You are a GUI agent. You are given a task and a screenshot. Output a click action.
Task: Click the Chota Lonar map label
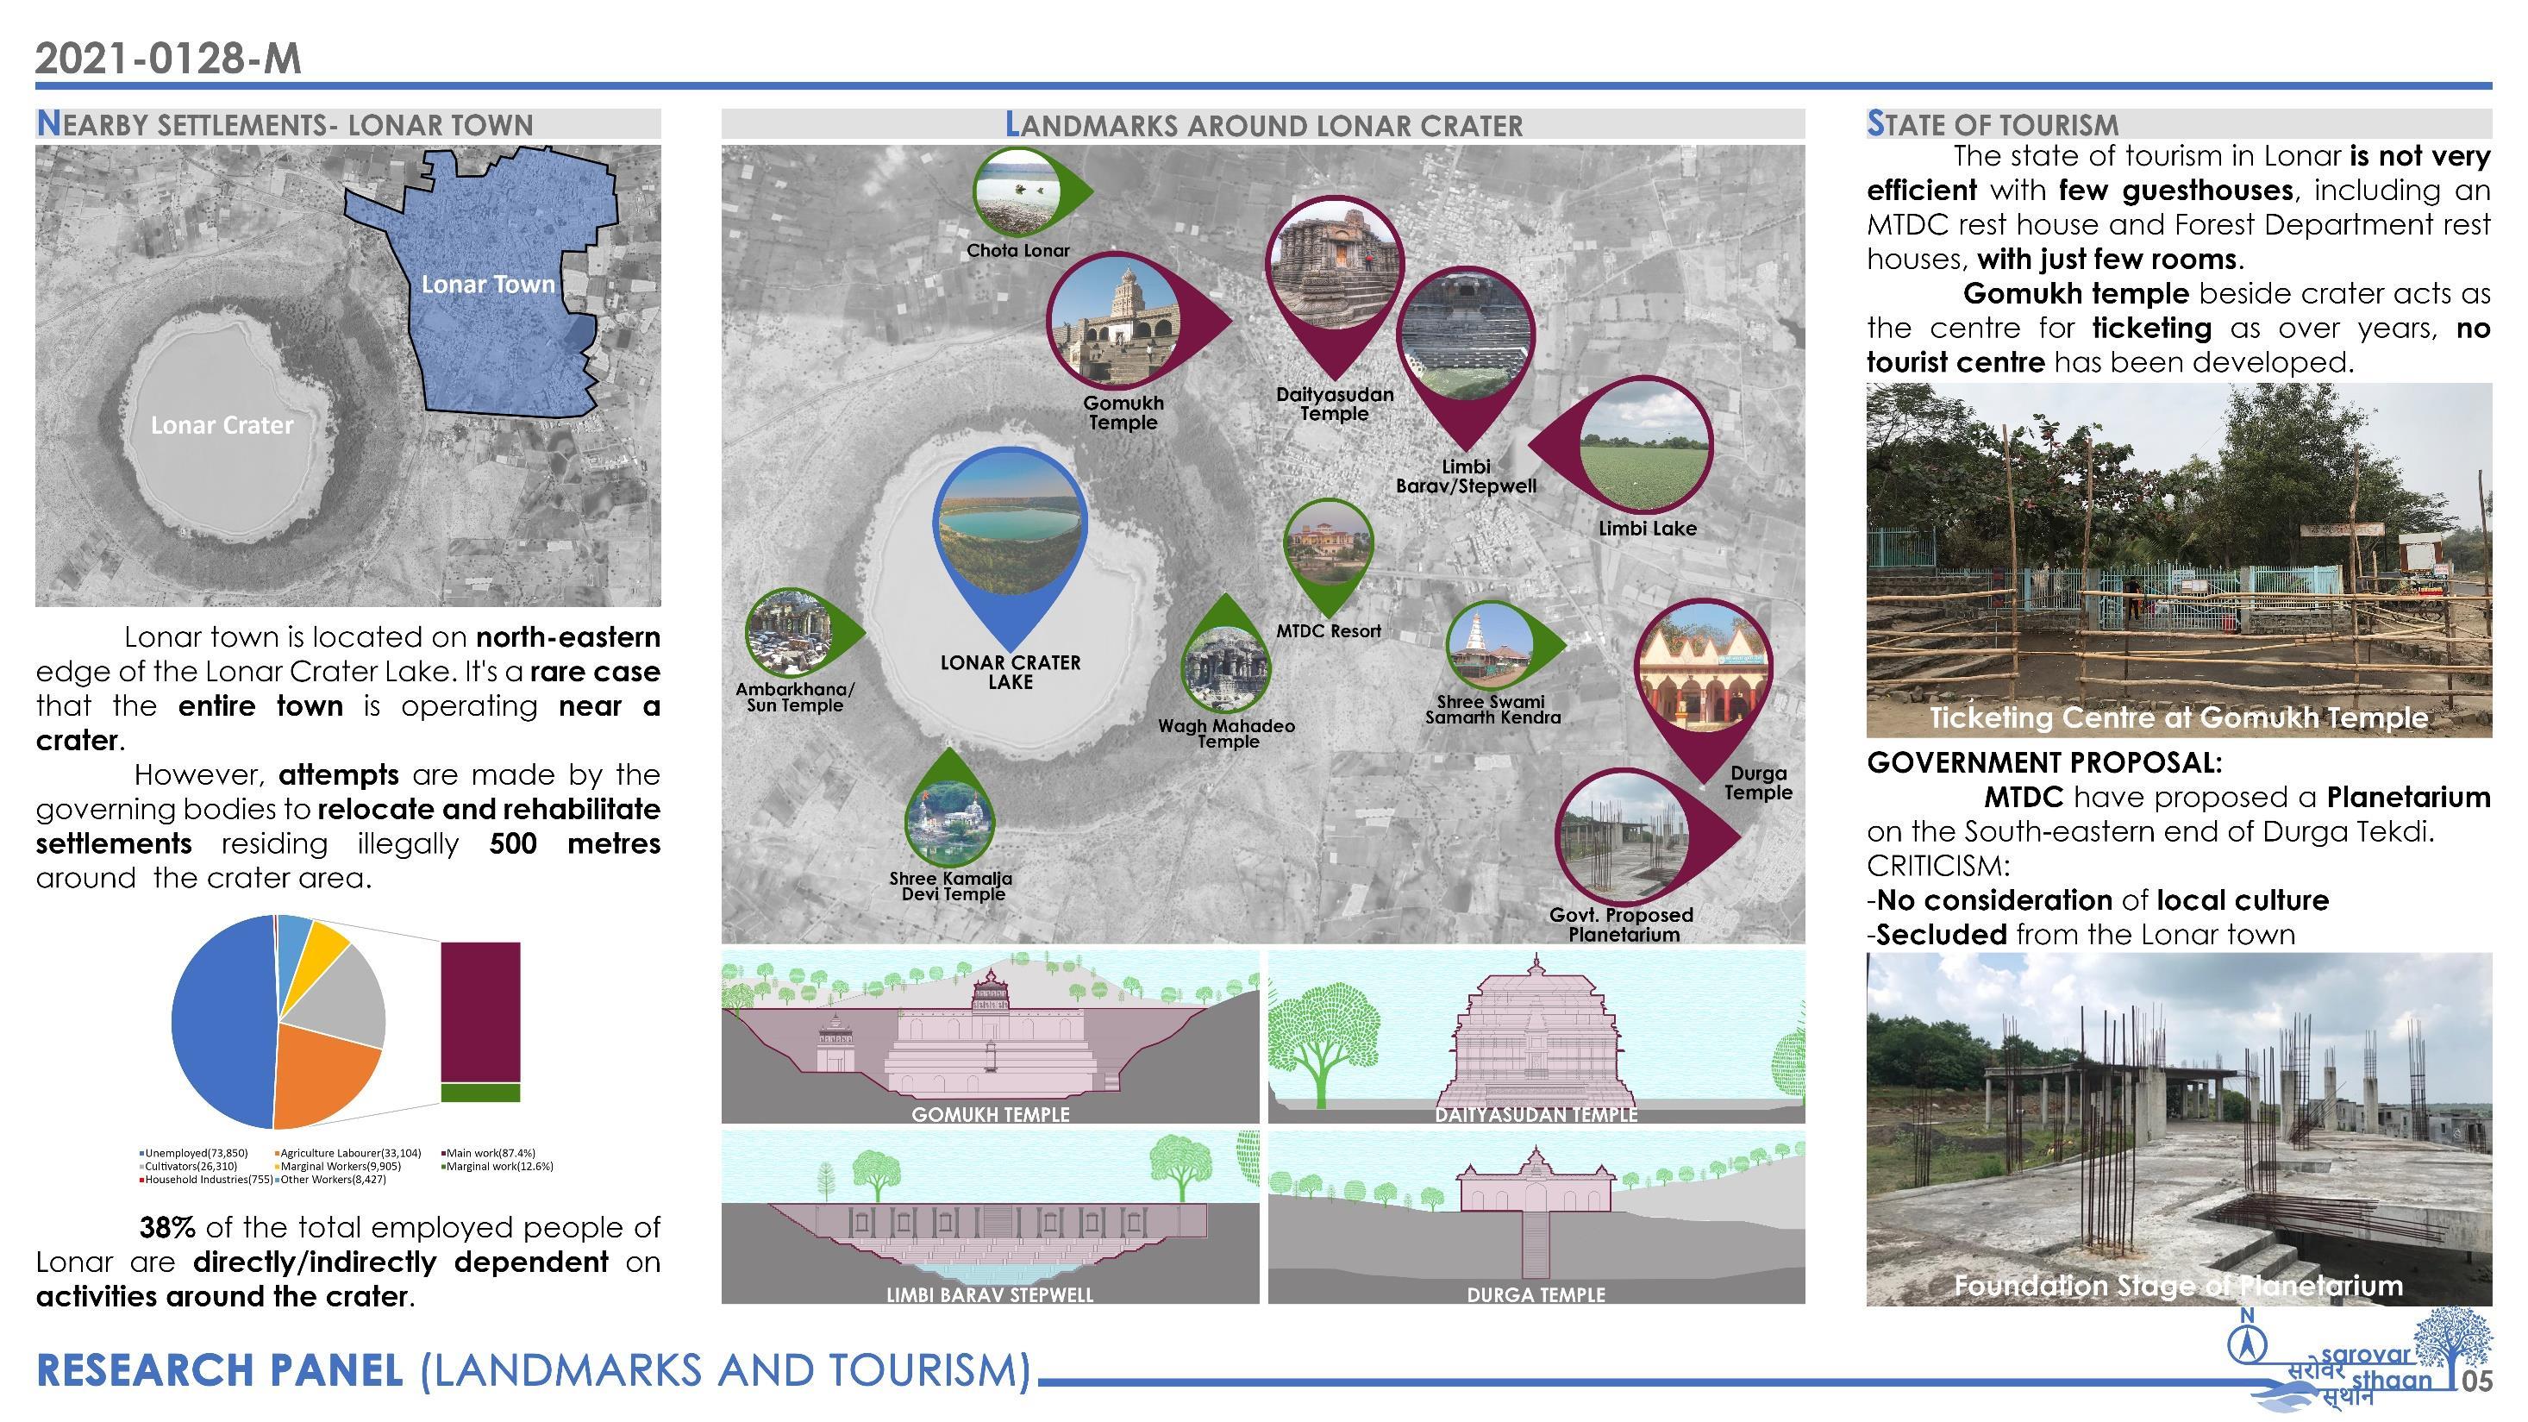point(1017,250)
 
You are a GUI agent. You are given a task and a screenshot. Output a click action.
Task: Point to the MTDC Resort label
point(1328,631)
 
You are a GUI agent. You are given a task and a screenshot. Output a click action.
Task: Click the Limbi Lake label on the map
point(1647,528)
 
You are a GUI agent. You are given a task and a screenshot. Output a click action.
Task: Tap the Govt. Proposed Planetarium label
point(1622,924)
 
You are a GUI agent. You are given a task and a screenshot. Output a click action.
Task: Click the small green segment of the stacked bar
point(480,1093)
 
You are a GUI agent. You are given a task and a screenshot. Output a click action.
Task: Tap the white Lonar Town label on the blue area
point(488,285)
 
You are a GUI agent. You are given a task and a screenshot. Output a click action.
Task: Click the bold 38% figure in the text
point(166,1228)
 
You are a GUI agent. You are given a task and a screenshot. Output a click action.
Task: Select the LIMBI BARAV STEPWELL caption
point(989,1294)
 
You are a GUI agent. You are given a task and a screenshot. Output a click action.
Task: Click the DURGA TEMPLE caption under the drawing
point(1536,1294)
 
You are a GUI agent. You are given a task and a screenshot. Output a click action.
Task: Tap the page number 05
point(2477,1381)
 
